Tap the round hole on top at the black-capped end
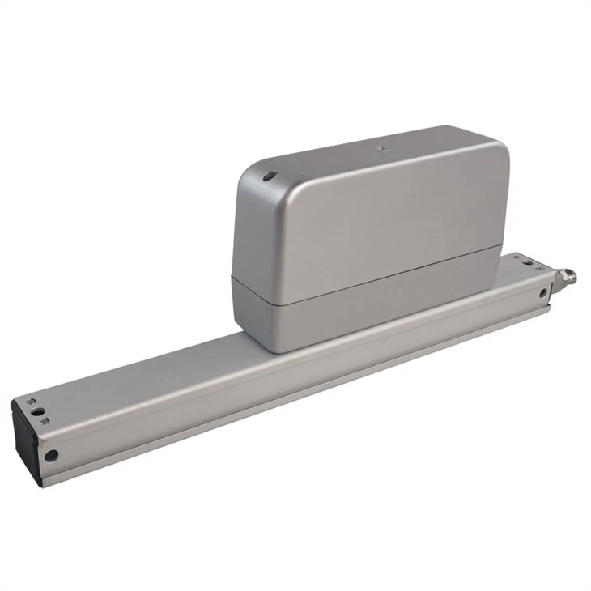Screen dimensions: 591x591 coord(37,411)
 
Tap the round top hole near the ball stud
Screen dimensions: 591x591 coord(526,262)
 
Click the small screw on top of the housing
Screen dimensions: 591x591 coord(380,148)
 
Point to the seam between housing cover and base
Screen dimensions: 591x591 coord(364,279)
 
